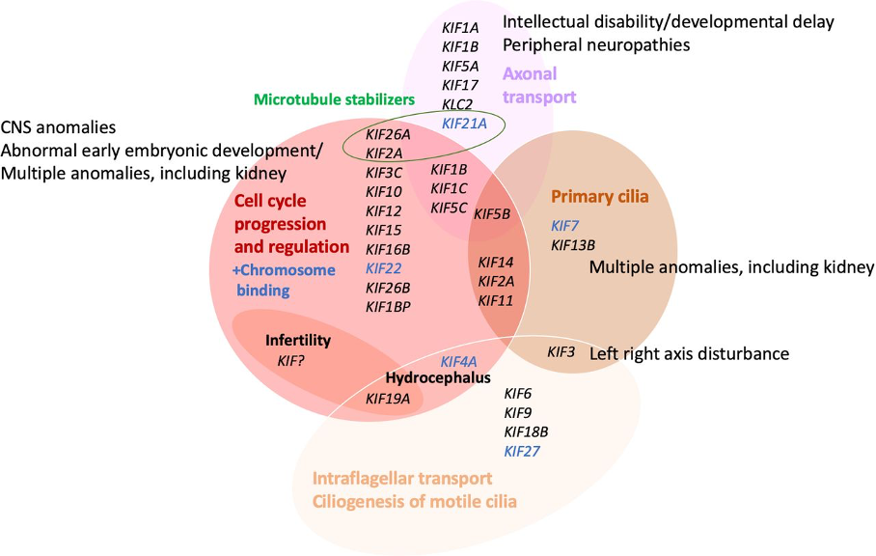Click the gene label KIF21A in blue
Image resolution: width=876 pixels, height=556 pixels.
tap(464, 123)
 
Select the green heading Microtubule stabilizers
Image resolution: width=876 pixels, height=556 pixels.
tap(334, 99)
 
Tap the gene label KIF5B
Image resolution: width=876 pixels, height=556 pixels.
tap(492, 213)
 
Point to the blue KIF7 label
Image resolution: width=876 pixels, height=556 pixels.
tap(564, 225)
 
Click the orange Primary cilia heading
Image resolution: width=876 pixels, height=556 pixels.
tap(599, 197)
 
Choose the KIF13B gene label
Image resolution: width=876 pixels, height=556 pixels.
tap(573, 244)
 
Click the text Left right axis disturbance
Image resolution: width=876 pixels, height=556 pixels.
tap(689, 353)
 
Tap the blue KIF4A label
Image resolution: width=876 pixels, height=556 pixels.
tap(458, 361)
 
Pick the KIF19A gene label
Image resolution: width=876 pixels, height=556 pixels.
tap(388, 398)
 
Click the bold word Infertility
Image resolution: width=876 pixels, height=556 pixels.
tap(298, 341)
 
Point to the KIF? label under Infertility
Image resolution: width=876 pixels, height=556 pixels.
tap(294, 360)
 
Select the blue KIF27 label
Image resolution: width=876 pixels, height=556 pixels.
tap(522, 451)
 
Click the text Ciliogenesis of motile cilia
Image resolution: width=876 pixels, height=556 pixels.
tap(414, 502)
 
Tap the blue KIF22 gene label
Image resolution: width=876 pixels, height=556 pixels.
tap(384, 268)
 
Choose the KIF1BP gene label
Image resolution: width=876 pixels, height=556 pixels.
tap(388, 307)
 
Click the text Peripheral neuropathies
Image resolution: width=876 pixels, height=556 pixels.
tap(596, 44)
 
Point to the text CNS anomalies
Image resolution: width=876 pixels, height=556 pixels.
tap(59, 127)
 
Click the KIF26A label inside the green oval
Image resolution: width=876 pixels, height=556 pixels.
tap(388, 134)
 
